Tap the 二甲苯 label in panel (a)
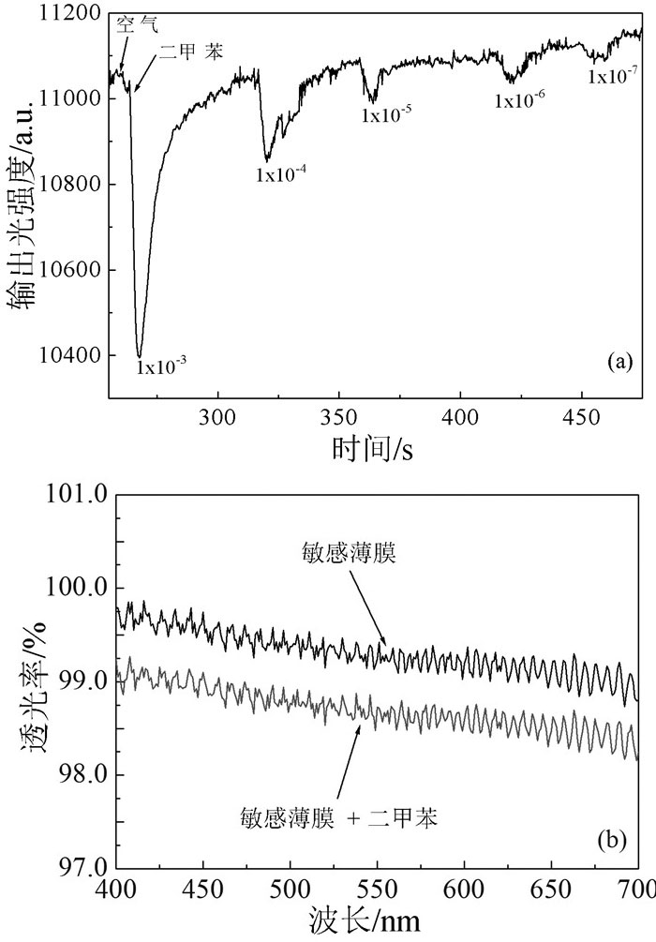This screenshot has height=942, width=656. (x=190, y=53)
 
